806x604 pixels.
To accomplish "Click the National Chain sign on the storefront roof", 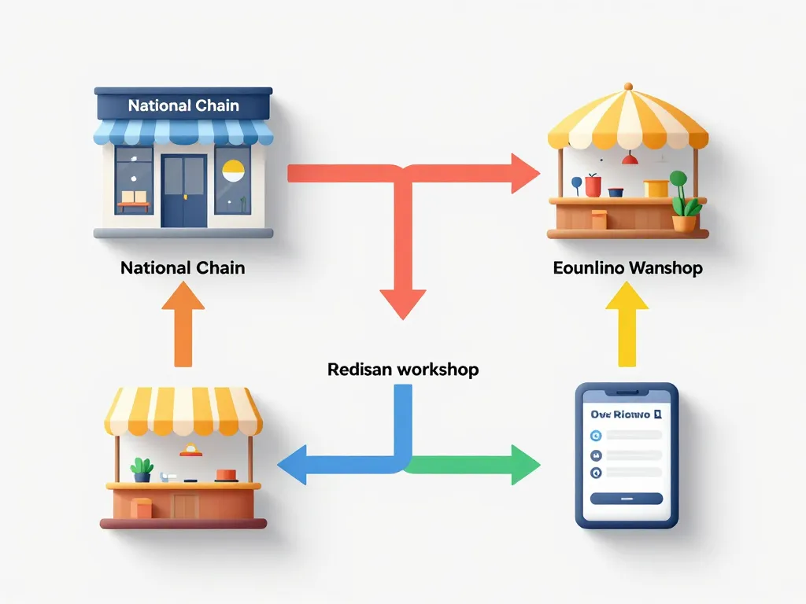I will (183, 105).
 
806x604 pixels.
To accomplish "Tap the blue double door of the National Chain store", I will (183, 190).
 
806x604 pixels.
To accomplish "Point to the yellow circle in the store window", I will (234, 171).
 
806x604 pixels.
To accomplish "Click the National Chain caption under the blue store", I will (183, 268).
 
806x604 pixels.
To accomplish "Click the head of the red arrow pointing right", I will (524, 173).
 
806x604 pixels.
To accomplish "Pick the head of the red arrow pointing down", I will (403, 303).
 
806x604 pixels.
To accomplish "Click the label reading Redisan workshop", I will (403, 369).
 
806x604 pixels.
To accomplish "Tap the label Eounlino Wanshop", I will (627, 268).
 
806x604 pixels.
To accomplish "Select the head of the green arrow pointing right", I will (523, 465).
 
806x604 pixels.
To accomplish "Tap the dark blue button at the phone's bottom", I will (627, 498).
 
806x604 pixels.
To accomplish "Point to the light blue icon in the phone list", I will (597, 436).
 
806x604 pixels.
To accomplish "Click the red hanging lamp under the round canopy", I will (629, 160).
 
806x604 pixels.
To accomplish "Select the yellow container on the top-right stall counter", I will (655, 189).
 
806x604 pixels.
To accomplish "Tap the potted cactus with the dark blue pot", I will (142, 470).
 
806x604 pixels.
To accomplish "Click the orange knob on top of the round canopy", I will (627, 87).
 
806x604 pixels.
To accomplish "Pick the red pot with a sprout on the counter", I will (593, 186).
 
